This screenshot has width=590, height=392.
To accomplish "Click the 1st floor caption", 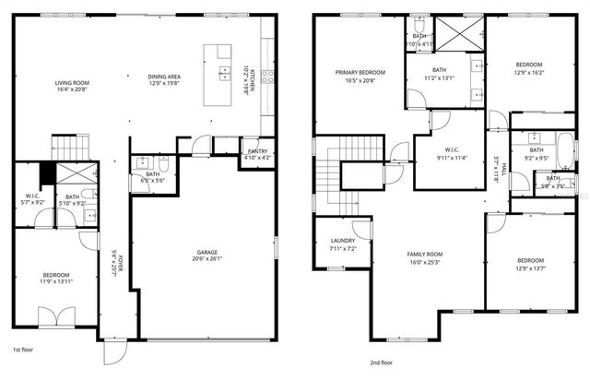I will (x=24, y=350).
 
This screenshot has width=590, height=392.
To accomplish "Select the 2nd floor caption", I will (x=383, y=362).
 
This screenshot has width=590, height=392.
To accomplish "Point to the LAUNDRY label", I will (x=342, y=242).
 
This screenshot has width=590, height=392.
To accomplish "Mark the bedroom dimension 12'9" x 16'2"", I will (x=529, y=72).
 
